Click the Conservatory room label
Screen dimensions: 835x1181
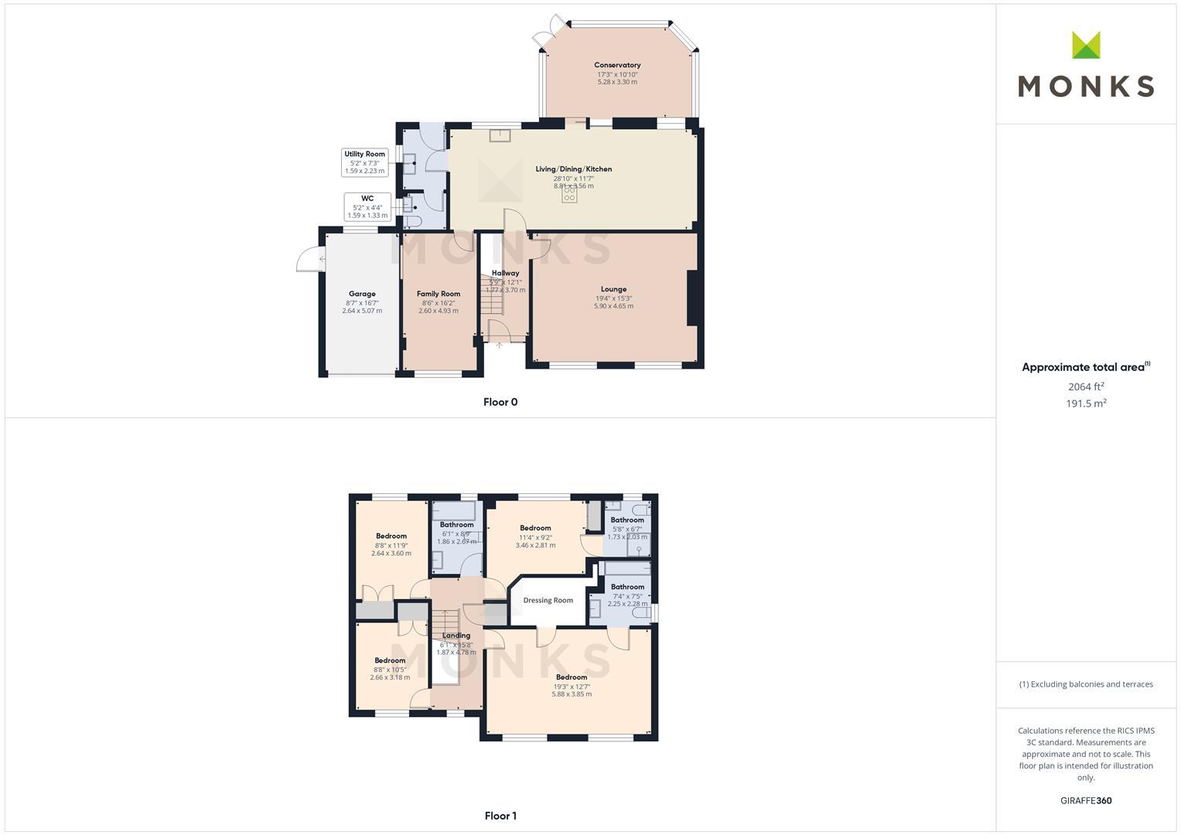617,65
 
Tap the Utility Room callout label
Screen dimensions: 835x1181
364,155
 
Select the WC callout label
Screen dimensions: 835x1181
367,199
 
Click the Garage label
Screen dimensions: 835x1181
362,294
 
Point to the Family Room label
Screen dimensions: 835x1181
439,294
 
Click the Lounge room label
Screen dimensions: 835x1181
613,289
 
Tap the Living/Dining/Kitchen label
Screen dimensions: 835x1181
573,169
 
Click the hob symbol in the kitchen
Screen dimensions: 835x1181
569,195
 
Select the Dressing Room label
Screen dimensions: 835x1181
548,600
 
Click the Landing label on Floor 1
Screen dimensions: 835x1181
456,636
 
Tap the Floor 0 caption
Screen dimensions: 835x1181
500,402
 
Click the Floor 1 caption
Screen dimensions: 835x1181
500,816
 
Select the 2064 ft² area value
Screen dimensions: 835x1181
1086,387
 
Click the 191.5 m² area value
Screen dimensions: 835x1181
1086,404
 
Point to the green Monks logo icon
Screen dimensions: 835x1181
1086,46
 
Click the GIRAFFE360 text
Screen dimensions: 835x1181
1086,801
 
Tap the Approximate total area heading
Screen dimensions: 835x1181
1085,367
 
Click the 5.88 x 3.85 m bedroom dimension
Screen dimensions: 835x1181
572,694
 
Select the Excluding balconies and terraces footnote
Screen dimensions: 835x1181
1086,684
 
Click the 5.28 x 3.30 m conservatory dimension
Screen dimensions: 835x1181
617,82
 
